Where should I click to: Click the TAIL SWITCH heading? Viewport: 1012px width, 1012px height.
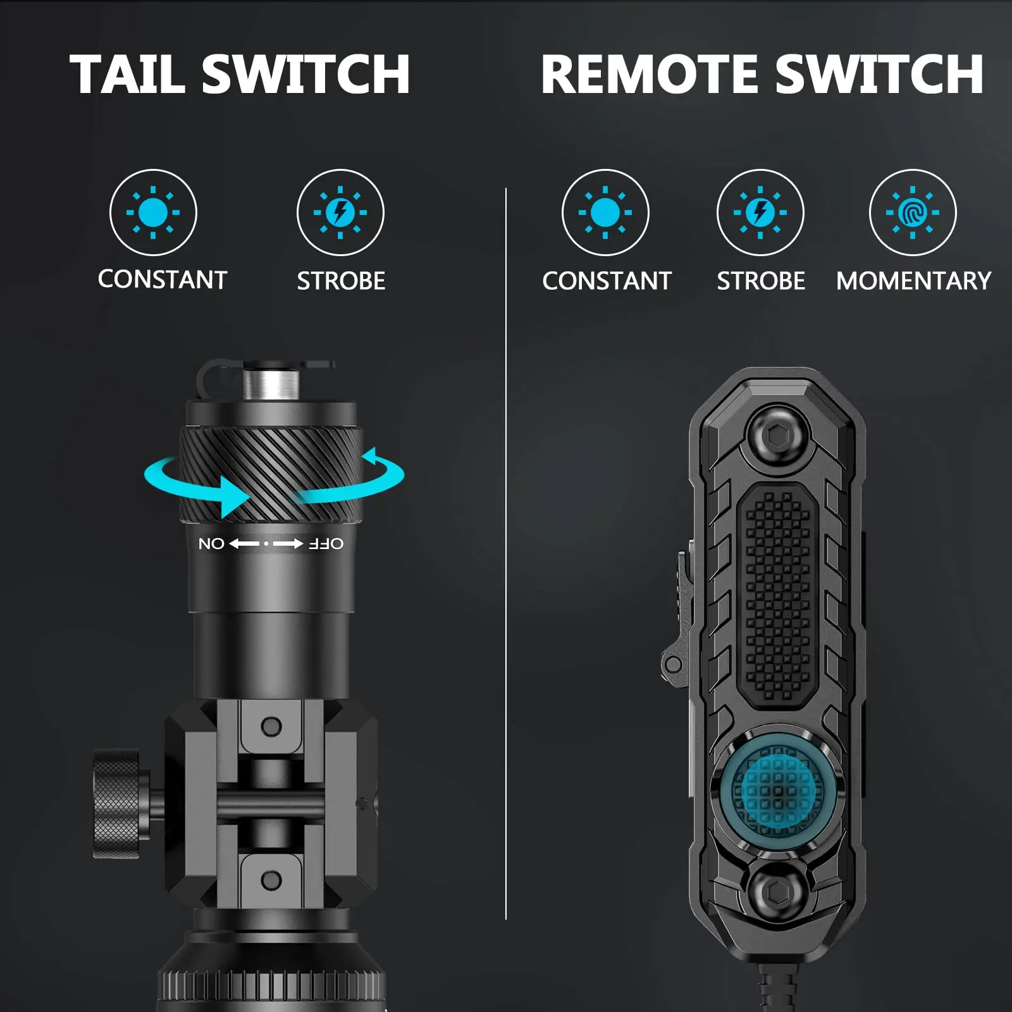(240, 74)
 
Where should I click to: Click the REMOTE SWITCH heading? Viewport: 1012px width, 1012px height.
(762, 74)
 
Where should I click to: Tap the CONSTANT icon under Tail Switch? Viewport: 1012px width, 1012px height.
(153, 213)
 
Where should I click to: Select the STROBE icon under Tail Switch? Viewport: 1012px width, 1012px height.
(340, 213)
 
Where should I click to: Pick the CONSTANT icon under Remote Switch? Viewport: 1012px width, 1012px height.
(605, 213)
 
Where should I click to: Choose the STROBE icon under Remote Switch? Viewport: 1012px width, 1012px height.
(760, 213)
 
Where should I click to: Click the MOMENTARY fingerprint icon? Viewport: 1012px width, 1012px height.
(913, 213)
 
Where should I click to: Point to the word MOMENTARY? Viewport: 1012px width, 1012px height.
(913, 281)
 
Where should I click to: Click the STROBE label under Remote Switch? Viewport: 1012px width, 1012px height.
(761, 281)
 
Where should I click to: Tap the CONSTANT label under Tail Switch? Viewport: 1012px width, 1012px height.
(163, 280)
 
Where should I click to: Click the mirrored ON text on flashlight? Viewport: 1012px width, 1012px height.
(211, 544)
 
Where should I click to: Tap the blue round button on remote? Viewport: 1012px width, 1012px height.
(778, 787)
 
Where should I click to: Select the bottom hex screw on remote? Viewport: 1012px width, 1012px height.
(777, 892)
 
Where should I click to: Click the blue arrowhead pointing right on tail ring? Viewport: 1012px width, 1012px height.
(234, 497)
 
